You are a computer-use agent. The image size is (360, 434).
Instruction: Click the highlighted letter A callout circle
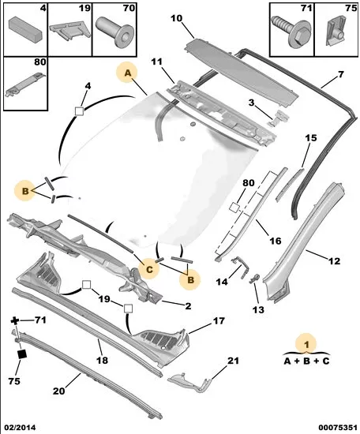pos(127,73)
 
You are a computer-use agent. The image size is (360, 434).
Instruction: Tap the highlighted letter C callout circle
pos(149,269)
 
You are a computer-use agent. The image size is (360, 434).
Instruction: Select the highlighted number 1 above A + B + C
pos(306,344)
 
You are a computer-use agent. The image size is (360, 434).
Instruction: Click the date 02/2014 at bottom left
pos(18,428)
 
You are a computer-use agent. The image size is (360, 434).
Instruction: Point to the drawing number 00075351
pos(338,428)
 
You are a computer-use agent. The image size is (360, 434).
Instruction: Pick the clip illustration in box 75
pos(336,30)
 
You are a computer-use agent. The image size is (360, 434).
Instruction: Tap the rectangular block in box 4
pos(26,30)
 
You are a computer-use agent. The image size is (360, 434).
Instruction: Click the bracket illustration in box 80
pos(25,84)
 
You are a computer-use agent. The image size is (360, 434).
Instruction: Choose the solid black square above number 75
pos(22,354)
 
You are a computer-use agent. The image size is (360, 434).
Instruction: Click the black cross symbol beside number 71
pos(15,321)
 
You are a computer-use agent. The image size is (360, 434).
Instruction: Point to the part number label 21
pos(233,361)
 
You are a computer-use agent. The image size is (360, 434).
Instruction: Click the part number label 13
pos(258,310)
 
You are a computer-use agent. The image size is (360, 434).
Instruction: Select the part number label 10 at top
pos(176,19)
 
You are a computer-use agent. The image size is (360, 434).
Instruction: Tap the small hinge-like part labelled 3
pos(279,118)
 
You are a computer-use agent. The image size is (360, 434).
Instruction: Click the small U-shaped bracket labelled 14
pos(240,265)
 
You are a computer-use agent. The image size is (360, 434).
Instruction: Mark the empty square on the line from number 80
pos(234,207)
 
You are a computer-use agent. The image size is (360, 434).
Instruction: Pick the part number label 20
pos(58,391)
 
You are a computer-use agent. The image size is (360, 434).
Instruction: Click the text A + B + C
pos(306,361)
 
